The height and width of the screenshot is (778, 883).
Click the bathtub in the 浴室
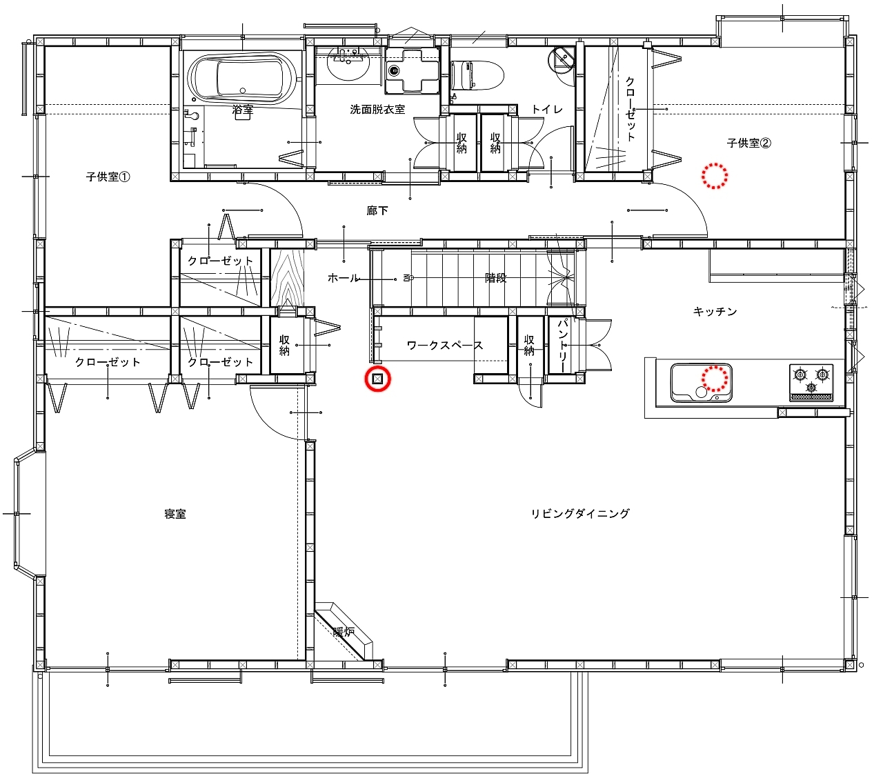tap(242, 79)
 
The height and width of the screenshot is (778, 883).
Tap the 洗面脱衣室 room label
tap(377, 110)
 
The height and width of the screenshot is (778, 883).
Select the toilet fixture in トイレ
tap(477, 76)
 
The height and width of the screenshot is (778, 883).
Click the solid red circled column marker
tap(377, 379)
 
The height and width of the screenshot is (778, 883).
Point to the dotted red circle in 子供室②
tap(714, 176)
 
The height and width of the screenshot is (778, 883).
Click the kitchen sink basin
tap(701, 383)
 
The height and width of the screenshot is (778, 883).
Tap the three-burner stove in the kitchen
tap(811, 382)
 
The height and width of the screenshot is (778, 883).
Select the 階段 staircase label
tap(495, 278)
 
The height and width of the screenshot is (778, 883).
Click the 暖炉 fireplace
tap(344, 630)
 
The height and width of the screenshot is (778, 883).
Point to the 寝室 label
tap(175, 514)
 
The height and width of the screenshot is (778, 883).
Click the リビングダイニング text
tap(580, 513)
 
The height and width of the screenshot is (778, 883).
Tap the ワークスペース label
tap(445, 346)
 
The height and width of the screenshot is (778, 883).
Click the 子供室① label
tap(108, 177)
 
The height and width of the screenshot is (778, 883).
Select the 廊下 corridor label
tap(377, 211)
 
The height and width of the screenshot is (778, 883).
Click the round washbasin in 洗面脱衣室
tap(348, 63)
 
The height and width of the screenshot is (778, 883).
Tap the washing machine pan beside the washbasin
tap(411, 70)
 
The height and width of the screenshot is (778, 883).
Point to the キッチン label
tap(715, 312)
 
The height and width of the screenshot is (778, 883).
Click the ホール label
tap(343, 278)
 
